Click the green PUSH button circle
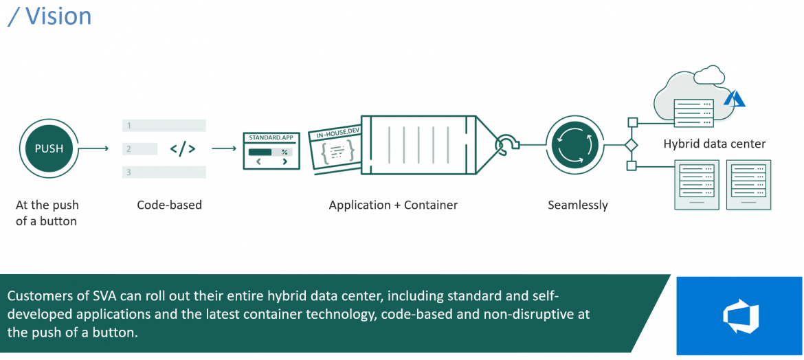(49, 148)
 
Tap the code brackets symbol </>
(182, 148)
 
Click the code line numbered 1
(164, 126)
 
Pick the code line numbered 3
(164, 172)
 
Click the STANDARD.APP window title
(271, 137)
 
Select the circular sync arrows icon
(572, 145)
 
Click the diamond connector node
(631, 145)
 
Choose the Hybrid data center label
(714, 144)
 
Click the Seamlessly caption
(577, 205)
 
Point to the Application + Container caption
(393, 205)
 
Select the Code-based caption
(169, 205)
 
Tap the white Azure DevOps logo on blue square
(739, 315)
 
